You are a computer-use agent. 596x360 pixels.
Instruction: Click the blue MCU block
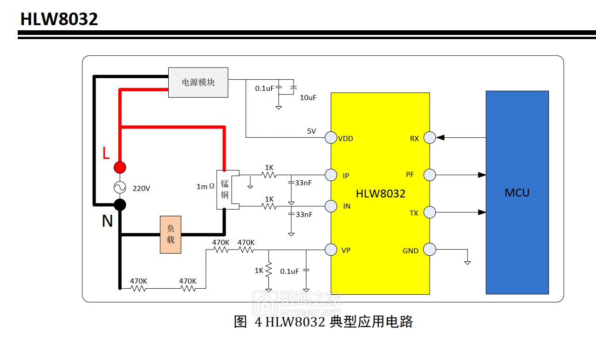(x=517, y=192)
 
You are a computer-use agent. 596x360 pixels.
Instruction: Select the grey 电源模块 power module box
(x=198, y=82)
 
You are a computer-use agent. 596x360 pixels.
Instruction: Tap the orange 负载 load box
(x=171, y=235)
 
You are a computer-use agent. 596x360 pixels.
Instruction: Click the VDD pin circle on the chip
(x=331, y=138)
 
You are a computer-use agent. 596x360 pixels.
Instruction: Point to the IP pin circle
(x=331, y=175)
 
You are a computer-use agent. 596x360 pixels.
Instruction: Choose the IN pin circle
(x=331, y=206)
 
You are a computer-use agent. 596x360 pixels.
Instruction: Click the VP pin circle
(x=331, y=250)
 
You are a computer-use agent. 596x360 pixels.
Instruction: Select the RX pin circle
(x=430, y=138)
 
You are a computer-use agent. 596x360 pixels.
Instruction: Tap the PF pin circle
(x=430, y=175)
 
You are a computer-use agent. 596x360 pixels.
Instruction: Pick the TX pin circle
(x=430, y=213)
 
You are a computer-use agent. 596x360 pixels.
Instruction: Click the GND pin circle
(x=430, y=250)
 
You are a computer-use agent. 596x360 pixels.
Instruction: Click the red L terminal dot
(x=120, y=167)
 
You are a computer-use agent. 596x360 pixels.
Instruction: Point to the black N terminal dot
(x=120, y=204)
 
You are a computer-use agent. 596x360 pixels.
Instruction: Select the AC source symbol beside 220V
(x=120, y=187)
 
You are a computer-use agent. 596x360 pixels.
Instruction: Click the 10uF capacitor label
(x=308, y=98)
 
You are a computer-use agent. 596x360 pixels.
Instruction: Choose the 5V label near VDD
(x=311, y=131)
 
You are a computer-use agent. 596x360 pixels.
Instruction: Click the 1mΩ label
(x=205, y=186)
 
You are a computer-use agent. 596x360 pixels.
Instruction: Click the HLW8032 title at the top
(x=59, y=19)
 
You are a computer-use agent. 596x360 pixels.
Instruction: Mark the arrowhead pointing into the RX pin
(x=440, y=137)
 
